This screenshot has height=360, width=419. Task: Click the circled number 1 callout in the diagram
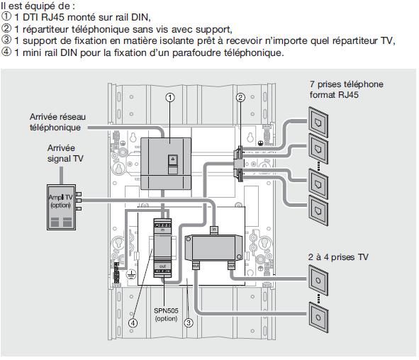[170, 98]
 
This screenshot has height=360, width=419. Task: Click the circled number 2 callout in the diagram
[240, 98]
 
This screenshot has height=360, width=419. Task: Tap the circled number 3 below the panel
[189, 322]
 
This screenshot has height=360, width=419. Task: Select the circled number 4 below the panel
[133, 323]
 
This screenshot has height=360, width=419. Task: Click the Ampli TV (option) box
[61, 207]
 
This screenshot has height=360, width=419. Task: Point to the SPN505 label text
[166, 311]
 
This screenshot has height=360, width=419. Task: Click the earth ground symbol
[131, 274]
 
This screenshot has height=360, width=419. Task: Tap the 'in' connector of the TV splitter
[214, 230]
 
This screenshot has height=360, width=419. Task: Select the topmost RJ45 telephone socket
[318, 123]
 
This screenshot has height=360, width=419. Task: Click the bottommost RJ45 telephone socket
[318, 210]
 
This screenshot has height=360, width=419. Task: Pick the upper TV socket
[318, 281]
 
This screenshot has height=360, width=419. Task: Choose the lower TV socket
[318, 317]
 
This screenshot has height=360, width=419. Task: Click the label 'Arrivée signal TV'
[65, 153]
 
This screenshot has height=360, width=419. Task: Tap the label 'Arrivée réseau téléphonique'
[57, 122]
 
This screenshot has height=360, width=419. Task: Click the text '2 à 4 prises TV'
[338, 257]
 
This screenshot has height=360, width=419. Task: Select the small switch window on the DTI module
[172, 160]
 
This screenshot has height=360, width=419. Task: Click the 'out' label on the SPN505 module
[162, 266]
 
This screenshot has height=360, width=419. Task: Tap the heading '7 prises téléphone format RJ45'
[347, 89]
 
